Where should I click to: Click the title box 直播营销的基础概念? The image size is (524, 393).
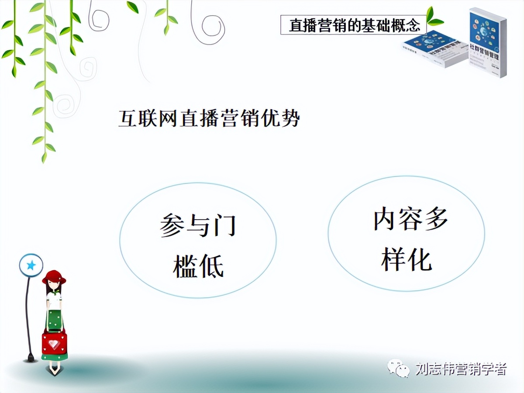[354, 25]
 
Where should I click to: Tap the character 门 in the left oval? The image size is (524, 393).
[226, 226]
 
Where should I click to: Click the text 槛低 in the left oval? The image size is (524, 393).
[199, 265]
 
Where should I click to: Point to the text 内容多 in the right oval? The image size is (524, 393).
[410, 219]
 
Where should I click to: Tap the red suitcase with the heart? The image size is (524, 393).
[54, 343]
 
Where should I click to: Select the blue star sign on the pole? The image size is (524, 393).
[31, 265]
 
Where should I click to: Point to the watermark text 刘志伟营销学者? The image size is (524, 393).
[460, 369]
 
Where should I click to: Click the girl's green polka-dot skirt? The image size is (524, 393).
[55, 319]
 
